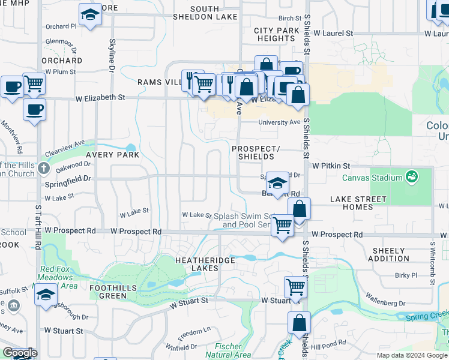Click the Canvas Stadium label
click(x=372, y=178)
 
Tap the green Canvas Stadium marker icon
click(x=412, y=177)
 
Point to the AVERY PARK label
click(x=112, y=155)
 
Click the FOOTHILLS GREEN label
click(x=104, y=292)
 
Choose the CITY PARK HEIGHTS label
click(x=274, y=34)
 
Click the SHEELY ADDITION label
click(x=390, y=254)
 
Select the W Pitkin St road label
click(x=330, y=166)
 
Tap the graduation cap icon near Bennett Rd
click(x=277, y=182)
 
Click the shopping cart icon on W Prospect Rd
click(x=282, y=225)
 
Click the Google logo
click(x=20, y=353)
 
